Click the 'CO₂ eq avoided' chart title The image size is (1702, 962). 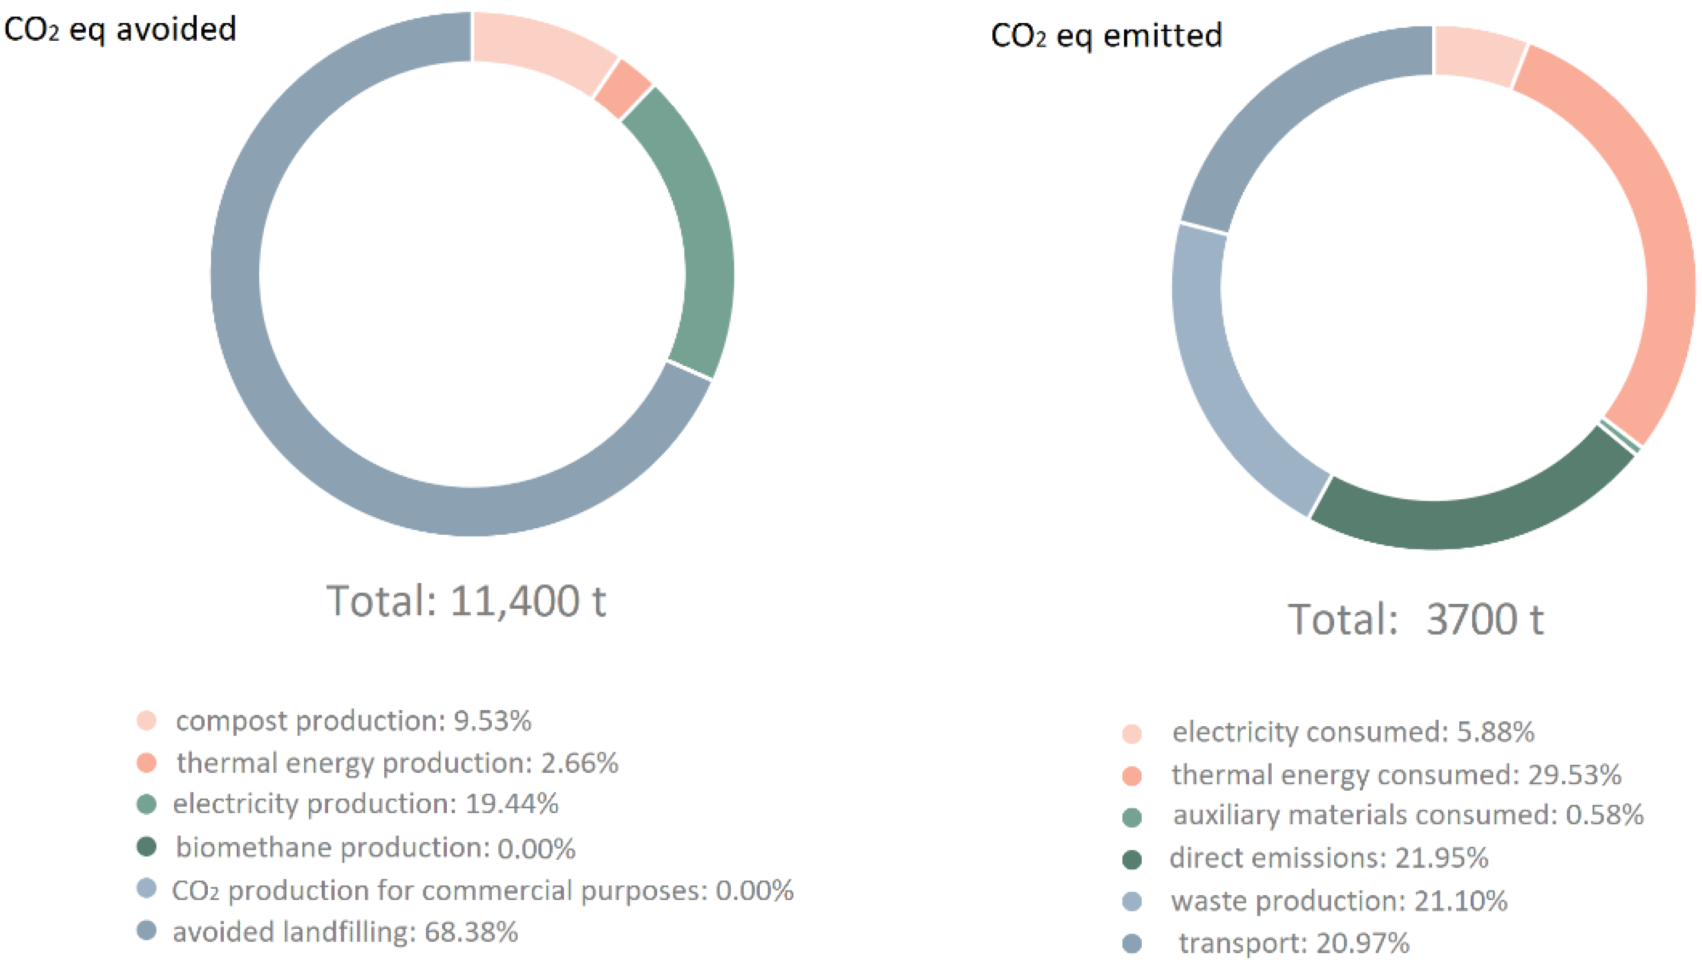[120, 30]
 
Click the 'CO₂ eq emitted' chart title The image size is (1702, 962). [1106, 35]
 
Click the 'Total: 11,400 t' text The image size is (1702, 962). [466, 600]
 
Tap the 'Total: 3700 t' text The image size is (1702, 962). [1415, 619]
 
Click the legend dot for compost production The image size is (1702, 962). [146, 720]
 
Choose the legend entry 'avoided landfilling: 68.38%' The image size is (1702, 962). [344, 932]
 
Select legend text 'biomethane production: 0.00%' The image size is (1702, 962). [375, 847]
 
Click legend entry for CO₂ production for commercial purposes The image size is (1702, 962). [482, 890]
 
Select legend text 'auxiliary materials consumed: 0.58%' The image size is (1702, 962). [1407, 815]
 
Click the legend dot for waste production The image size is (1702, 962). [1132, 901]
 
